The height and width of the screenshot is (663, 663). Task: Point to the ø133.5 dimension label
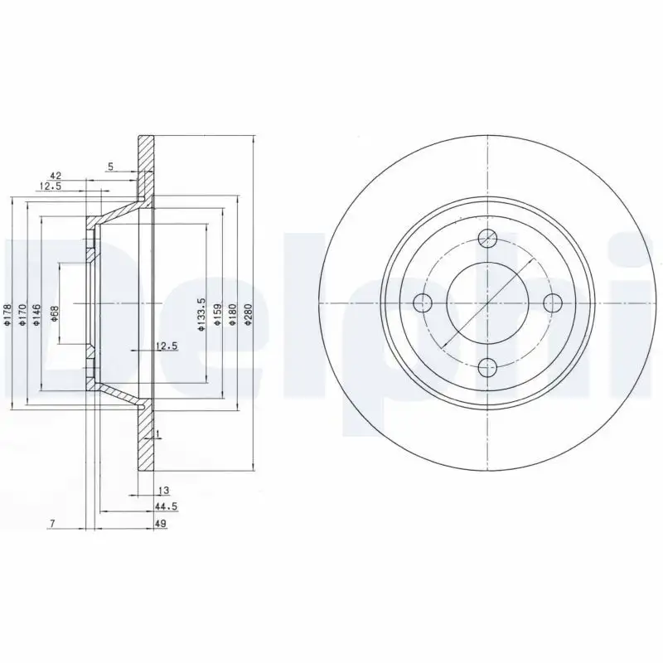click(201, 317)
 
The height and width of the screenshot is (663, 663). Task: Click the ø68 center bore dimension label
click(55, 315)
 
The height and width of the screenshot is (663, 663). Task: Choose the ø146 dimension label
click(38, 316)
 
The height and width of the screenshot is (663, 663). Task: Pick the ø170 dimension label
click(22, 316)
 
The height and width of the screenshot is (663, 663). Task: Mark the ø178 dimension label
click(7, 316)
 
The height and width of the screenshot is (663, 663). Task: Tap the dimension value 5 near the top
click(109, 165)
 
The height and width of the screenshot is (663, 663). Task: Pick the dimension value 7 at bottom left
click(52, 523)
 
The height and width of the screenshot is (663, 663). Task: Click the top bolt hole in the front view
click(488, 239)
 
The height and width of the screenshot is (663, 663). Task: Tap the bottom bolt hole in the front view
click(488, 364)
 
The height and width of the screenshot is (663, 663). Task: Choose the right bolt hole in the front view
click(550, 302)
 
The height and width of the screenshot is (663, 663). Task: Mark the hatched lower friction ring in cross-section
click(146, 448)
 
